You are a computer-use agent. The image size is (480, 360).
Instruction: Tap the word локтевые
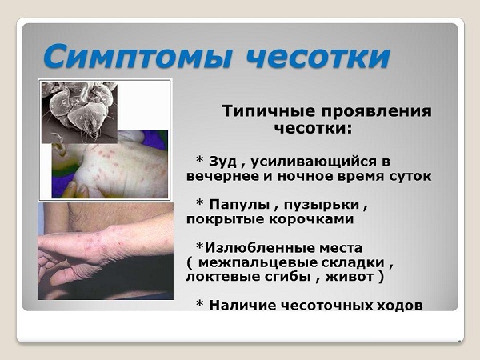(x=221, y=278)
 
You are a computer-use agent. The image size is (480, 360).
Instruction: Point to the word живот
(x=350, y=278)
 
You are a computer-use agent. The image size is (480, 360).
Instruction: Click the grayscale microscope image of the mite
(x=78, y=110)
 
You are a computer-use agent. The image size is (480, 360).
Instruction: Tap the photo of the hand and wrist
(x=104, y=252)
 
